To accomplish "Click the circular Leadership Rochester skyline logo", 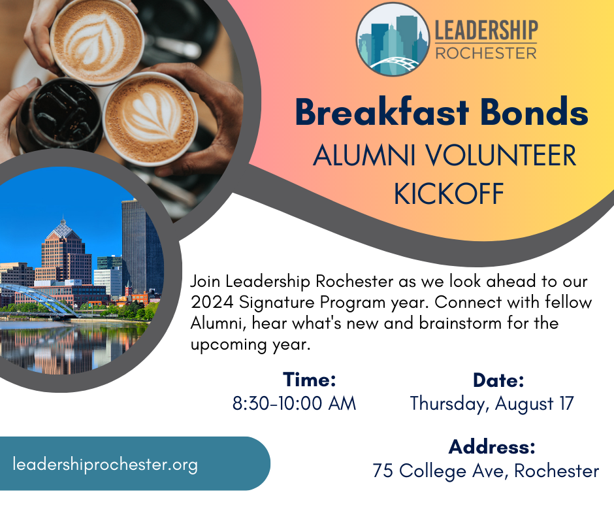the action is pos(393,39).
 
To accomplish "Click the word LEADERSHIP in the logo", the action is pos(487,30).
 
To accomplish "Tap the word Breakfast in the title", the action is pos(382,112).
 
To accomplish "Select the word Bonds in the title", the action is pos(534,112).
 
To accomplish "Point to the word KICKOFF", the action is pos(449,193).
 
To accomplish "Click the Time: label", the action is pos(310,380).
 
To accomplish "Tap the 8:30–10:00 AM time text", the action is pos(294,403).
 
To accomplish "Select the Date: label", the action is pos(498,380).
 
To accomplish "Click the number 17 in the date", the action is pos(566,403).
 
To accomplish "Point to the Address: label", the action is pos(492,447).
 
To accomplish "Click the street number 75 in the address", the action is pos(383,471).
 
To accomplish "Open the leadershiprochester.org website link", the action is pos(105,465).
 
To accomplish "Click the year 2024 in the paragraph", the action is pos(212,302).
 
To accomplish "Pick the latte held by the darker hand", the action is pos(150,118).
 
